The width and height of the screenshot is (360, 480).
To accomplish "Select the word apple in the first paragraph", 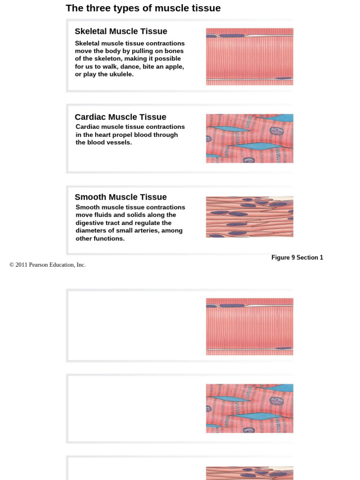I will pos(172,67).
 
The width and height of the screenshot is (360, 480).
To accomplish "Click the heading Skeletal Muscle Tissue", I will pos(121,31).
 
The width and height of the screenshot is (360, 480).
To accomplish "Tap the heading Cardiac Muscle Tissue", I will pos(120,117).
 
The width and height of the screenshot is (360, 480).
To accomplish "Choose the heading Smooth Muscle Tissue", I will pos(120,197).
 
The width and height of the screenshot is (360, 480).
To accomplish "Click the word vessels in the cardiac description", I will pos(120,142).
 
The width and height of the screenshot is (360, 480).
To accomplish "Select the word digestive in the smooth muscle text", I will pos(91,223).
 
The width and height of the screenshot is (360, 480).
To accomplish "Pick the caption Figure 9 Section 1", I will pos(297,257).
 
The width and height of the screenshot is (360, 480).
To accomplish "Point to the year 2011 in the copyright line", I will pos(22,265).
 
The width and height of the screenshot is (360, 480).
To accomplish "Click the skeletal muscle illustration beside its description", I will pos(249,57).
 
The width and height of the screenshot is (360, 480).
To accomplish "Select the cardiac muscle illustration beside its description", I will pos(249,138).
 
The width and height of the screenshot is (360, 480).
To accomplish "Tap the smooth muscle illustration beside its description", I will pos(249,217).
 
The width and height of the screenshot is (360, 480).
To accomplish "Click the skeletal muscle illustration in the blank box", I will pos(249,327).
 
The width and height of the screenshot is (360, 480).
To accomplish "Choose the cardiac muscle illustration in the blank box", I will pos(249,408).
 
